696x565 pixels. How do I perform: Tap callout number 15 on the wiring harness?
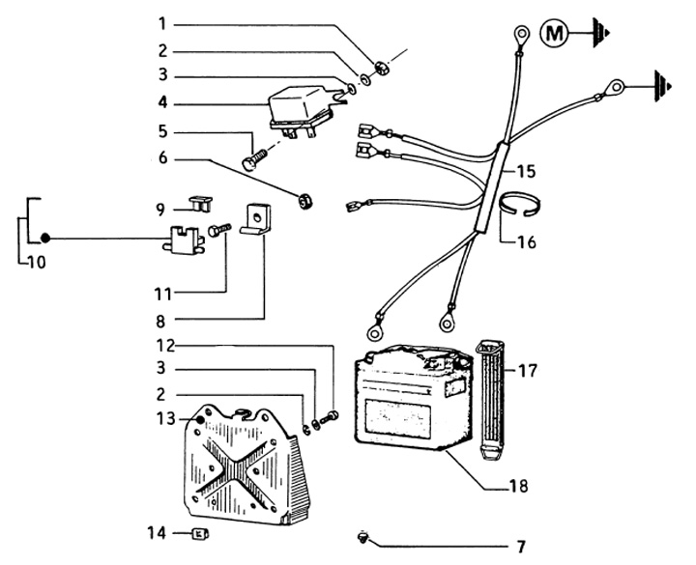(x=525, y=172)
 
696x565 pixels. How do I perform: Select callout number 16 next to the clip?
(x=525, y=242)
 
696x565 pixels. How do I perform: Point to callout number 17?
(x=527, y=369)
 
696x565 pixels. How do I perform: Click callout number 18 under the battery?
(x=519, y=485)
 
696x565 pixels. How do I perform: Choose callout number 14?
(x=156, y=532)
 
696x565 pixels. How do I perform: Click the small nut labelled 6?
(x=302, y=200)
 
